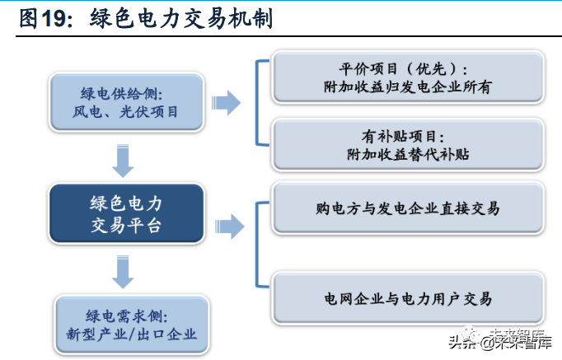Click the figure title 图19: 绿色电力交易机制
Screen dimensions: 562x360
pos(146,19)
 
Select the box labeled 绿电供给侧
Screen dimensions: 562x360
pos(127,102)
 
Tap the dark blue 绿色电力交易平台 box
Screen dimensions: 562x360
pos(127,214)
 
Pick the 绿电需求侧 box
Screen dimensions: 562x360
pos(132,325)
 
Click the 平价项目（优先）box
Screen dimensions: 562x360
pos(408,77)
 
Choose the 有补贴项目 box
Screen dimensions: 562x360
pos(408,145)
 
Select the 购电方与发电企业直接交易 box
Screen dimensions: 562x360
pos(408,208)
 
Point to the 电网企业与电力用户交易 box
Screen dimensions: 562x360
pos(408,298)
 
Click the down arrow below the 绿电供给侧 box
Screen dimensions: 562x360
pos(123,161)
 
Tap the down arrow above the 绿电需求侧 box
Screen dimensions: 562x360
pos(123,272)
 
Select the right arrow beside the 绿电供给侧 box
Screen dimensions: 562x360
pos(226,103)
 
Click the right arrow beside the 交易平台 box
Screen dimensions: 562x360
pos(229,227)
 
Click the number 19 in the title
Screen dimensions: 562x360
pos(54,19)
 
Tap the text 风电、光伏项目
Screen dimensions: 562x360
pos(125,112)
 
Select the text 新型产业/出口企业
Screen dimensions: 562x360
pos(132,334)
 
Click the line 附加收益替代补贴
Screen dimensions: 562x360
pos(408,154)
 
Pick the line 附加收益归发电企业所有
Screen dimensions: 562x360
pos(408,87)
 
